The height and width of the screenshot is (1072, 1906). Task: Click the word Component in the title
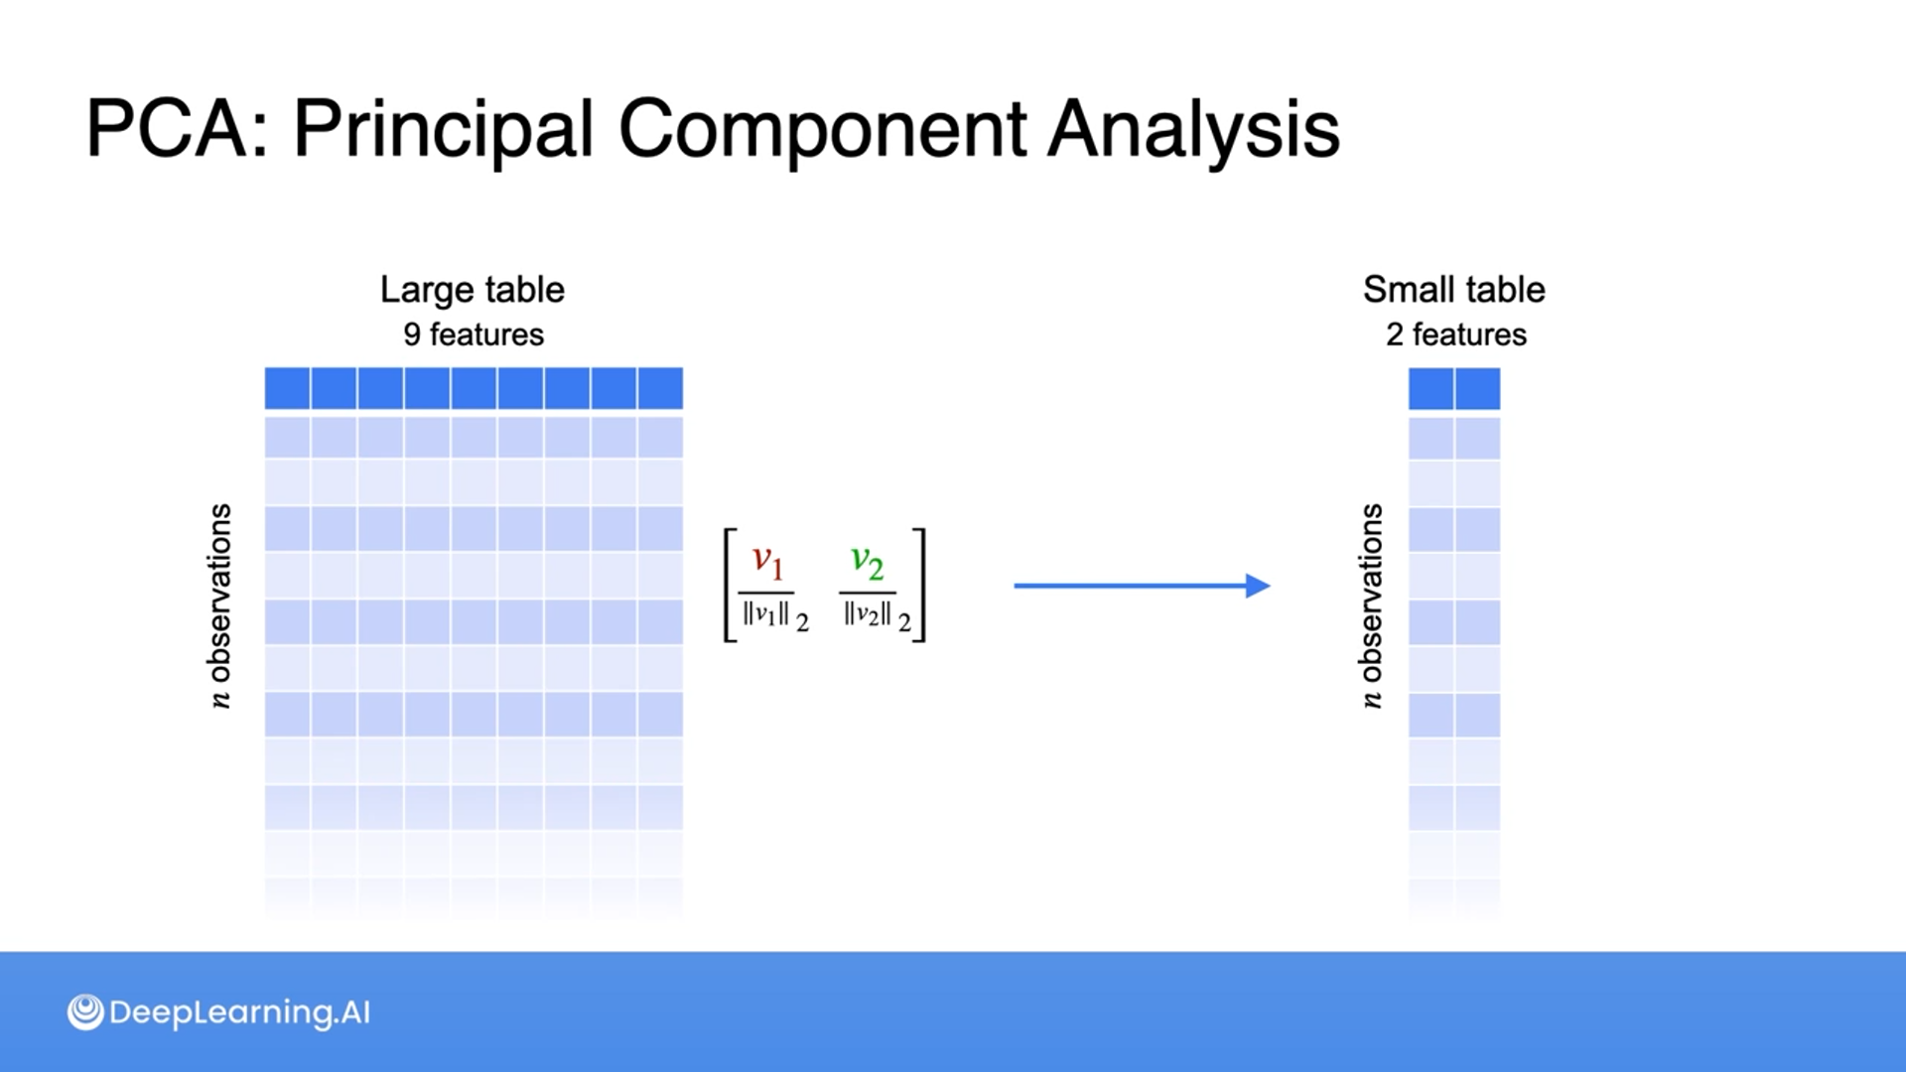click(821, 130)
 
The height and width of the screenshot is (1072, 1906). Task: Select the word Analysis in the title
click(1193, 130)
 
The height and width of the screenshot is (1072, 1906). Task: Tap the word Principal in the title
click(443, 130)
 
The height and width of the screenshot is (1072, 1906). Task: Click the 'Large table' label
click(473, 290)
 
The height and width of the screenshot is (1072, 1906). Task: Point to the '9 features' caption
click(474, 335)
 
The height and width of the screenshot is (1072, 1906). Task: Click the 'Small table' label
click(1453, 290)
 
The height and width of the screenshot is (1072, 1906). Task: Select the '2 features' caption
click(1455, 335)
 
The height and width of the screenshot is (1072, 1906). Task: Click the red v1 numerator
click(767, 561)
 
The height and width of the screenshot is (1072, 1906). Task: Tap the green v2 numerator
click(867, 561)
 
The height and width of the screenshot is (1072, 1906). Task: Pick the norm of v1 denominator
click(774, 615)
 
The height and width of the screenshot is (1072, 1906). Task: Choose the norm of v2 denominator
click(876, 615)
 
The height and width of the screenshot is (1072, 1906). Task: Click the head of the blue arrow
click(1258, 586)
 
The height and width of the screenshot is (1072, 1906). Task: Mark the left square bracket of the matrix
click(730, 586)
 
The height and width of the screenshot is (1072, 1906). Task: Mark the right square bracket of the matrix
click(920, 586)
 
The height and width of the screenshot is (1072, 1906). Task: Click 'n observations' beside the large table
click(219, 605)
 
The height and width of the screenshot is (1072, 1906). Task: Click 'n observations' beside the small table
click(1371, 605)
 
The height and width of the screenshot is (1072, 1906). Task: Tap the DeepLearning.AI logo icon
click(85, 1012)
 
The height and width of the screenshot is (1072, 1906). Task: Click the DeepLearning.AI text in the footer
click(239, 1012)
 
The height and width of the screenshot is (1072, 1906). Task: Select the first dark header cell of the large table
click(287, 388)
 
